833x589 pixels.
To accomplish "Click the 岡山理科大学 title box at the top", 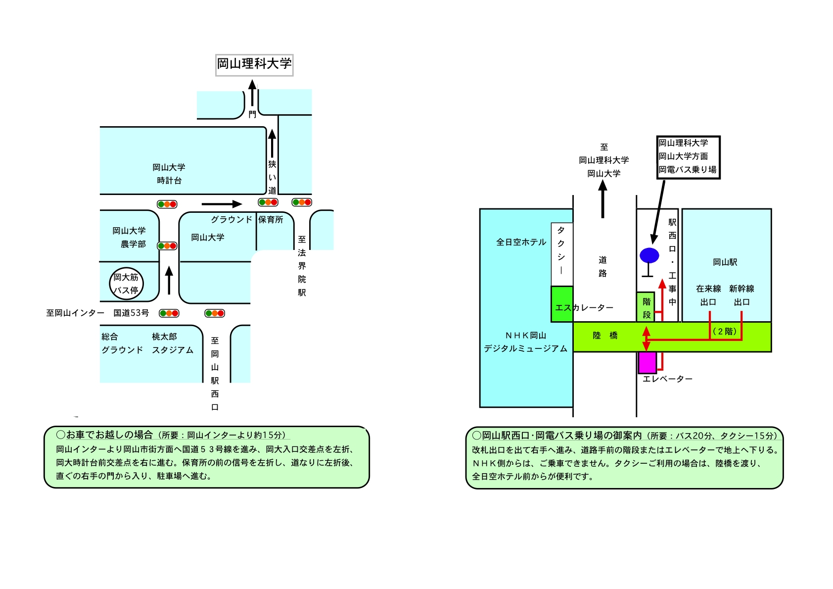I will [x=254, y=65].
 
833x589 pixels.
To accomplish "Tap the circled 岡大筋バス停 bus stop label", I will [x=126, y=284].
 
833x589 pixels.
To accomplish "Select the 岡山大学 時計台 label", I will [x=169, y=174].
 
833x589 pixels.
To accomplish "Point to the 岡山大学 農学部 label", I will [x=129, y=237].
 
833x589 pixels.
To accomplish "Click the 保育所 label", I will [x=271, y=219].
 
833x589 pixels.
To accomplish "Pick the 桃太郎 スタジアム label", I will [x=172, y=343].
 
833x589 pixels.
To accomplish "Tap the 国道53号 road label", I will [x=131, y=313].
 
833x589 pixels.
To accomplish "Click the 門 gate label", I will [x=252, y=114].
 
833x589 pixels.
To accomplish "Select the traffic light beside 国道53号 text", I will [x=169, y=313].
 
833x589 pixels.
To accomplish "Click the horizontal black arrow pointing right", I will [x=221, y=204].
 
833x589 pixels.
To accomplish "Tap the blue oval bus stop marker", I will [x=649, y=255].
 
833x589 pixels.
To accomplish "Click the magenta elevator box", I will [x=647, y=362].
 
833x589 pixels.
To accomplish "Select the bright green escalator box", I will [x=562, y=304].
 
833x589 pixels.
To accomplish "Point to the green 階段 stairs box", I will [x=646, y=307].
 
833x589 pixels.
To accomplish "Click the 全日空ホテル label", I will [x=521, y=242].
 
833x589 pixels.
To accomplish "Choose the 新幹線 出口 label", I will [x=741, y=295].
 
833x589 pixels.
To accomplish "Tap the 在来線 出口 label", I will [x=708, y=295].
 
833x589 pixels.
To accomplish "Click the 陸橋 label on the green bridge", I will [x=605, y=336].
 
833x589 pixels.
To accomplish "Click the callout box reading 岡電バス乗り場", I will [x=688, y=157].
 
